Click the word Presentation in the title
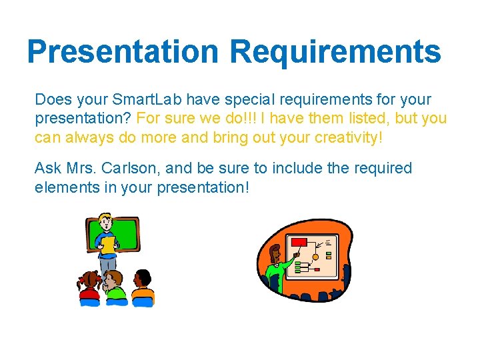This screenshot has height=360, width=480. [123, 51]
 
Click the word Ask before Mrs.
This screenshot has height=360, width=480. [47, 168]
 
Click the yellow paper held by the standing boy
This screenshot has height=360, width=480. [108, 244]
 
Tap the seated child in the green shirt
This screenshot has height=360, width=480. [115, 287]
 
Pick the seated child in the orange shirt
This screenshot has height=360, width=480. [142, 288]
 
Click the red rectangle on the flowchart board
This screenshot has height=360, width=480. [299, 242]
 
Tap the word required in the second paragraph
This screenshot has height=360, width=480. [381, 168]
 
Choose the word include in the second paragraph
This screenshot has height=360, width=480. [297, 168]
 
